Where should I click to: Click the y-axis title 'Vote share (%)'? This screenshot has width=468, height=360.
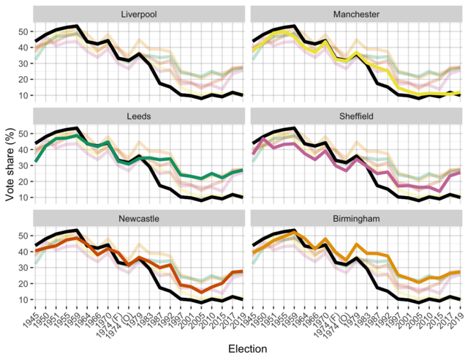tap(9, 164)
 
